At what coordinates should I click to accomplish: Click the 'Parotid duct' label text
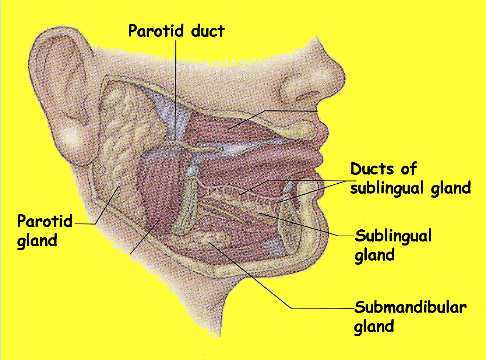[x=176, y=31]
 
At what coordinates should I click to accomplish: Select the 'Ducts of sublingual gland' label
[x=410, y=179]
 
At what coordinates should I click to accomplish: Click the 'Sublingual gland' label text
[x=392, y=245]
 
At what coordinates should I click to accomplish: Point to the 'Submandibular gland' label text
[x=410, y=317]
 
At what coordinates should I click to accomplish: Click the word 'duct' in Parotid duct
[x=208, y=31]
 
